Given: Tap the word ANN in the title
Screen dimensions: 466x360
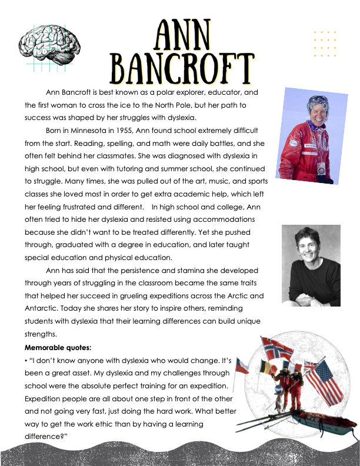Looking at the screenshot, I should coord(182,36).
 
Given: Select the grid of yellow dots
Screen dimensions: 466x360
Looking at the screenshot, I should coord(325,44).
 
